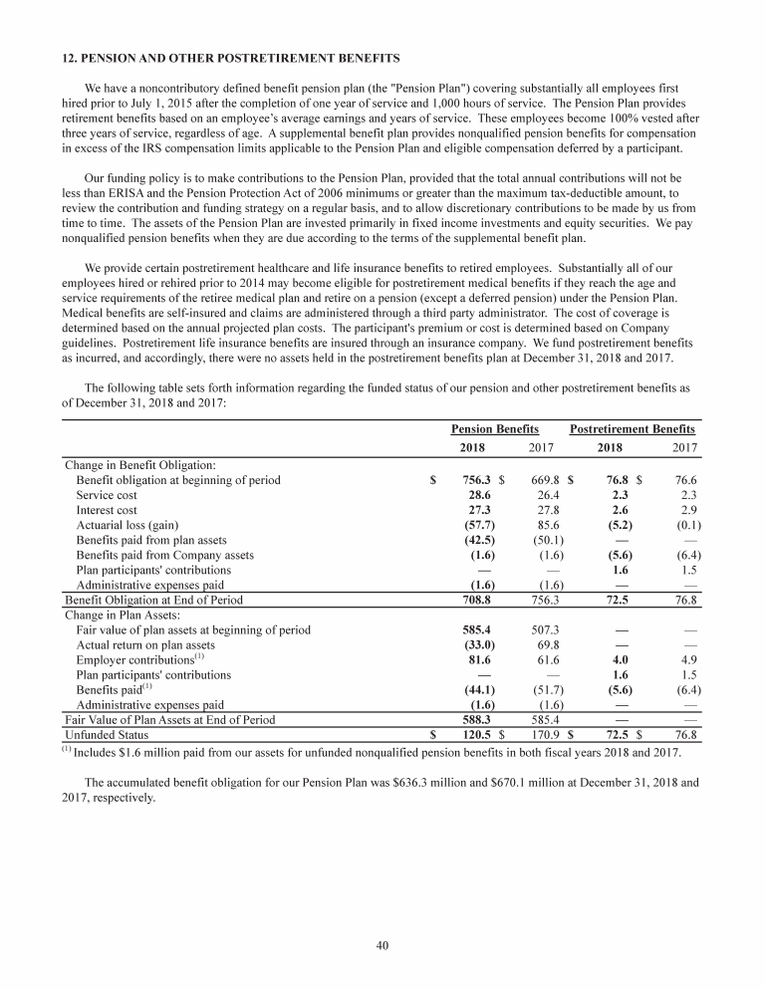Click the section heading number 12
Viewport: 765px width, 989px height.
click(x=70, y=57)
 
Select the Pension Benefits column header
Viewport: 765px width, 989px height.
click(x=495, y=428)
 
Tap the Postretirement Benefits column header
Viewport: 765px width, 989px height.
click(x=632, y=428)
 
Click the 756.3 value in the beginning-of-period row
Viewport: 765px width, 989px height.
click(x=479, y=480)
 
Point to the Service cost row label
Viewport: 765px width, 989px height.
click(x=109, y=495)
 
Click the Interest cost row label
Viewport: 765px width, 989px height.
click(x=107, y=510)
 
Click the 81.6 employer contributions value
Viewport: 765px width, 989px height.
click(x=482, y=660)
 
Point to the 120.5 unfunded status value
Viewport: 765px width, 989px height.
click(x=479, y=735)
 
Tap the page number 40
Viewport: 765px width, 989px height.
click(x=382, y=946)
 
